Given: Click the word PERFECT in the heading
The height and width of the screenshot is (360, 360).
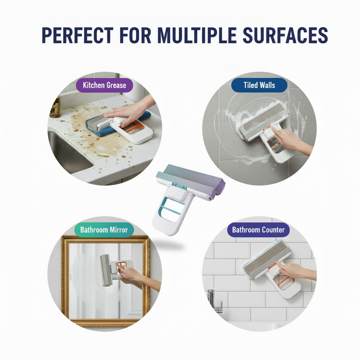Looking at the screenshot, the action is (x=78, y=35).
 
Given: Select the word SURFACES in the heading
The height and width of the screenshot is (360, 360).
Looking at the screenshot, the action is (x=285, y=35).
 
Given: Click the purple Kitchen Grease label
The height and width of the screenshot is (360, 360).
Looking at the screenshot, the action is (x=104, y=85).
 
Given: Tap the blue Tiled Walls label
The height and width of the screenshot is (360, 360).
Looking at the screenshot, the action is (x=259, y=85).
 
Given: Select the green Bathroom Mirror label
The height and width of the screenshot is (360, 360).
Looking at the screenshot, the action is (x=104, y=230).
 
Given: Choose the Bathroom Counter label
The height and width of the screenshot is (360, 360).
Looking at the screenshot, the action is (x=258, y=230).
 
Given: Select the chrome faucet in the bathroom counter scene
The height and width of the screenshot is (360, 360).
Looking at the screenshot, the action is (x=215, y=301).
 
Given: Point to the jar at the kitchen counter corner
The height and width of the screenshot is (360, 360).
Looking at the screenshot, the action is (x=56, y=107).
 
